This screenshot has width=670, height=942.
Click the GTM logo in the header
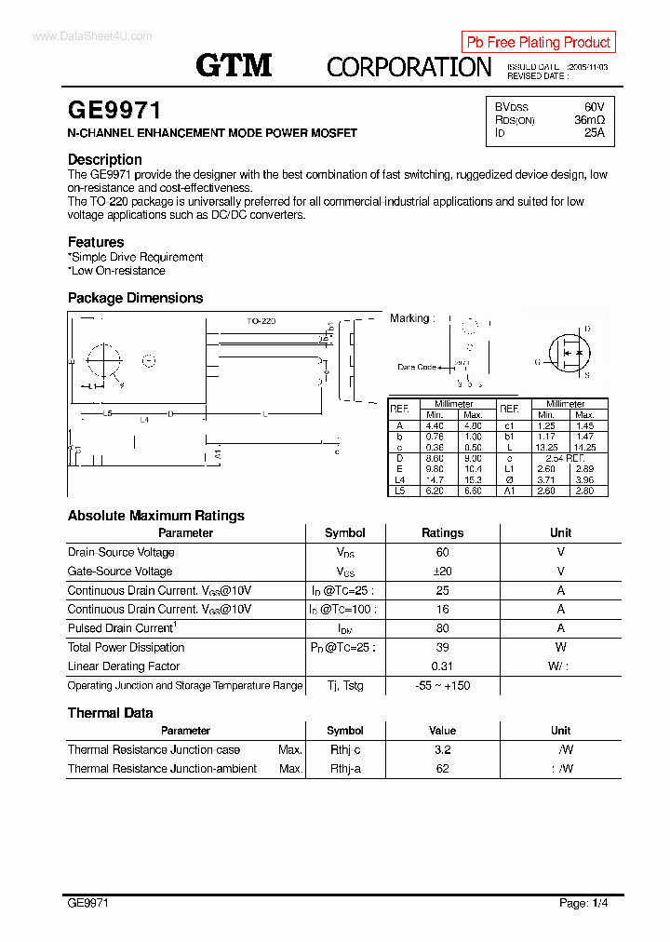(234, 65)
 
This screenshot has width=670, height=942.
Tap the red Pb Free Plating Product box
(538, 42)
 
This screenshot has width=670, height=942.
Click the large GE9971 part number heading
(114, 111)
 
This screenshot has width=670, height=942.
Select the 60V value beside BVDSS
(594, 107)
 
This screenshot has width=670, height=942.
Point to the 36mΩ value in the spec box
(589, 120)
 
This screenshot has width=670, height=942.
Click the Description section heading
(104, 159)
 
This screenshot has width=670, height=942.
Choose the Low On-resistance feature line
(117, 271)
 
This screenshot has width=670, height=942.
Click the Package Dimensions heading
(135, 298)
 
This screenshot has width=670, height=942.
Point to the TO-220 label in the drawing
(261, 321)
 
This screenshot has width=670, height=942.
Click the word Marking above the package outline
(409, 318)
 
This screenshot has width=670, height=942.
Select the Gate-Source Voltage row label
(120, 572)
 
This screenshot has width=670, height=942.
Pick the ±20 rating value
(442, 572)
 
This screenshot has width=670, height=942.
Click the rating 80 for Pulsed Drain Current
(442, 628)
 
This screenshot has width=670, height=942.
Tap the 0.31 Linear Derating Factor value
(442, 666)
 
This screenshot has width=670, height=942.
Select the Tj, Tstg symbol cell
(344, 686)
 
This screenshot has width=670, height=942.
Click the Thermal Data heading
(110, 713)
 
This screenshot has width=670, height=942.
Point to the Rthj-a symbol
(345, 769)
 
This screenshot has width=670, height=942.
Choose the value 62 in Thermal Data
(442, 769)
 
